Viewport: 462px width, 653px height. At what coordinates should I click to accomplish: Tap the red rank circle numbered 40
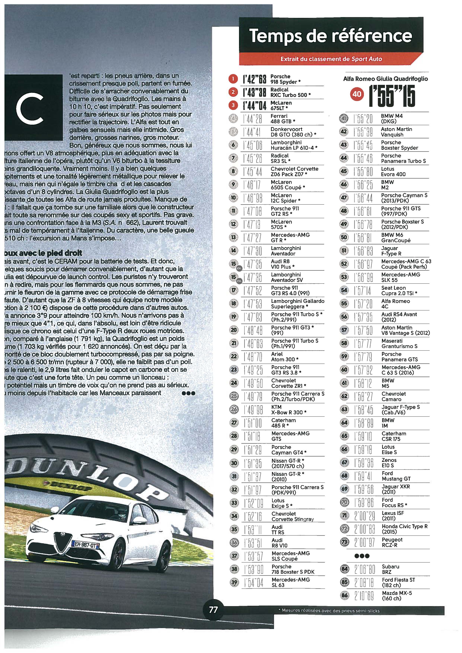[357, 94]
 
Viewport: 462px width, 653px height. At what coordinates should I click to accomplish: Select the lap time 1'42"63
[255, 80]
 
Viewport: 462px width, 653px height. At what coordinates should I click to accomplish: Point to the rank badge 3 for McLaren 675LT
[233, 105]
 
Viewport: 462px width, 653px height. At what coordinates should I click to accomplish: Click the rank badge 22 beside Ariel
[234, 356]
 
